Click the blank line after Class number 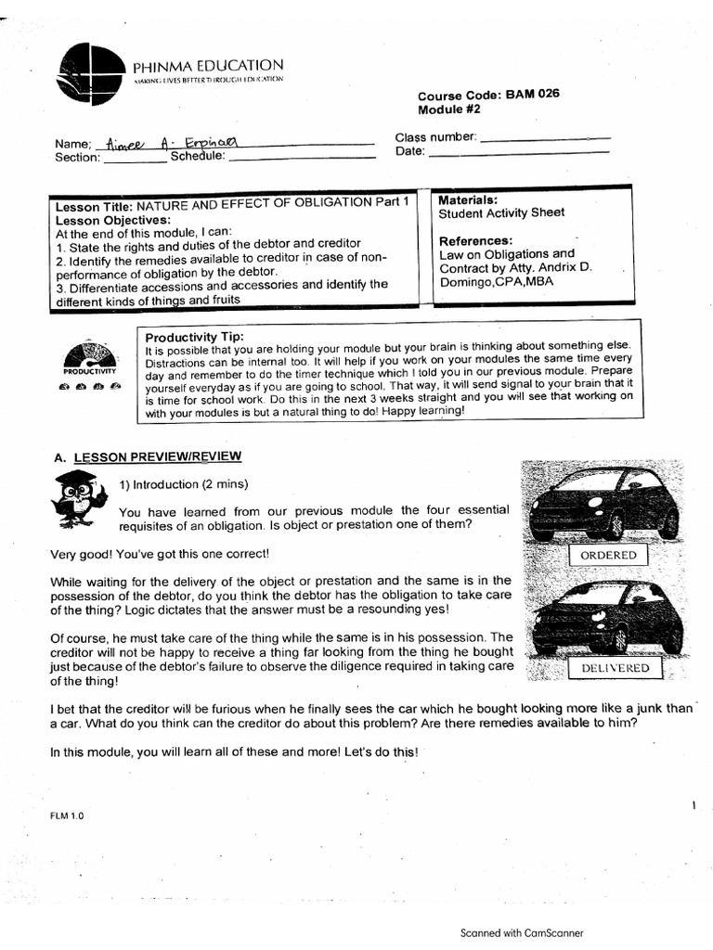point(544,137)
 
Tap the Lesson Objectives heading point(113,220)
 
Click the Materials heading point(468,199)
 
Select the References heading point(475,241)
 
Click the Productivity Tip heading point(195,336)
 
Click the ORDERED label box point(608,555)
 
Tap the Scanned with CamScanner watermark point(522,933)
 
